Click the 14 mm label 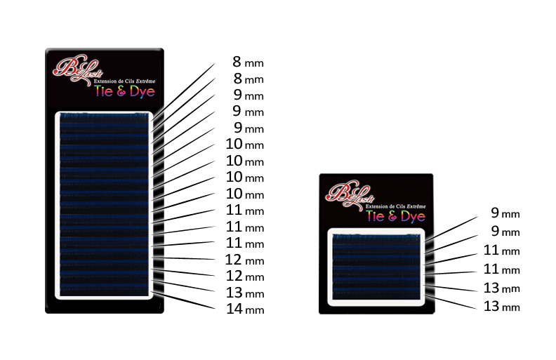(x=245, y=309)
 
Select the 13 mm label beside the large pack (x=245, y=293)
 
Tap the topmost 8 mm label (x=248, y=62)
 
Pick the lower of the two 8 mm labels (x=248, y=79)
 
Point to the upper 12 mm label (x=245, y=260)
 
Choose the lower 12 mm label (x=245, y=276)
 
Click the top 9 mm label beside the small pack (x=505, y=213)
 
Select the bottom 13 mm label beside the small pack (x=502, y=307)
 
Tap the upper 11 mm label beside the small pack (x=502, y=251)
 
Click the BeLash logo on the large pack (x=77, y=69)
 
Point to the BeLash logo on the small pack (x=350, y=195)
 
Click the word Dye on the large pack (x=143, y=92)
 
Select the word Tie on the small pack (x=376, y=216)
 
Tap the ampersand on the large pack (x=121, y=91)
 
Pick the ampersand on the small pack (x=392, y=215)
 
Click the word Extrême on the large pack (x=146, y=81)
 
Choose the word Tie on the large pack (x=103, y=91)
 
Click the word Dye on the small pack (x=413, y=217)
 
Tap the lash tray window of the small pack (x=376, y=267)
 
